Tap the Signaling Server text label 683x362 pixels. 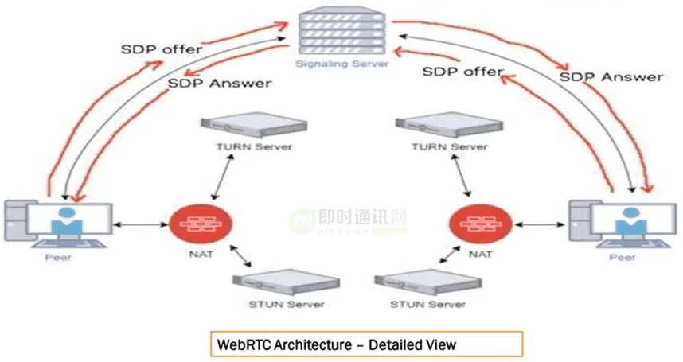(x=341, y=63)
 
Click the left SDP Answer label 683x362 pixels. (x=220, y=83)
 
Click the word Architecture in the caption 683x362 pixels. (x=306, y=344)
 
